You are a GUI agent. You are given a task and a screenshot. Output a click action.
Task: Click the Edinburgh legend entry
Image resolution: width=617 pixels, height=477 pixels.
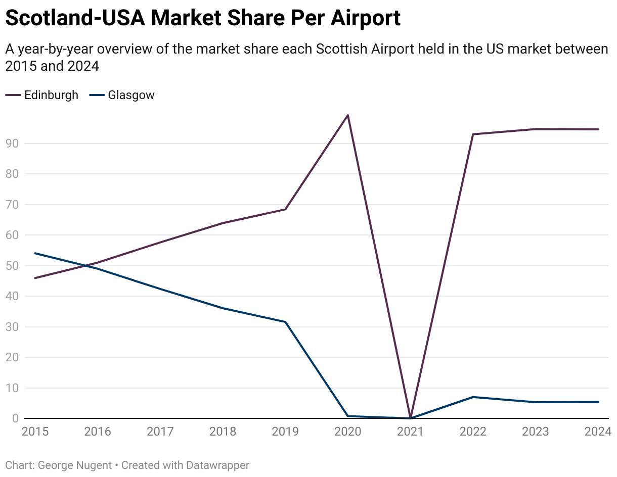[51, 95]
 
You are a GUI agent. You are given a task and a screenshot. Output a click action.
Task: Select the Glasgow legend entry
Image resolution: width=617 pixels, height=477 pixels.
[131, 95]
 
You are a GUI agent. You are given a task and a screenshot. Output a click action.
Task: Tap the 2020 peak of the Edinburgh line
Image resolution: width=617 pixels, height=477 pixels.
[348, 115]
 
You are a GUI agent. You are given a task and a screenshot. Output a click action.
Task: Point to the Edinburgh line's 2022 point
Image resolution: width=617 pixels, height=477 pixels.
[473, 134]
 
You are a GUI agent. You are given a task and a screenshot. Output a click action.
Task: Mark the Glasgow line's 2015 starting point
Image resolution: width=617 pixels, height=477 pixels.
[35, 253]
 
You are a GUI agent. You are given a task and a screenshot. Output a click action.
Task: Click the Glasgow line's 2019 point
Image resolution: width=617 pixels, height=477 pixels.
[285, 322]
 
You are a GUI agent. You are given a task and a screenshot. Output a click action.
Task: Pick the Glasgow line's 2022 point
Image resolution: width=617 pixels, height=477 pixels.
[473, 397]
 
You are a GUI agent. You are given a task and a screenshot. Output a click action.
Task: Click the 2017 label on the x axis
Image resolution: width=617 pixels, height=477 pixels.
[160, 432]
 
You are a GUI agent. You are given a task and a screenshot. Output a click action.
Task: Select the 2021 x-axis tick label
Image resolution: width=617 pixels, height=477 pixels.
[410, 432]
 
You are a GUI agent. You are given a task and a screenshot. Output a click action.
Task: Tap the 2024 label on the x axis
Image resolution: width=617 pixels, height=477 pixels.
[598, 432]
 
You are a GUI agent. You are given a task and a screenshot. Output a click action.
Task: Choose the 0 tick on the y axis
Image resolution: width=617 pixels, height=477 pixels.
[15, 418]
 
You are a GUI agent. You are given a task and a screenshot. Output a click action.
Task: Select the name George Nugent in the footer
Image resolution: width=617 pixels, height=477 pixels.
[75, 465]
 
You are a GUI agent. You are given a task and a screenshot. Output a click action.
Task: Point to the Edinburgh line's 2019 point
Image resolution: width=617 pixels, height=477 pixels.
[285, 209]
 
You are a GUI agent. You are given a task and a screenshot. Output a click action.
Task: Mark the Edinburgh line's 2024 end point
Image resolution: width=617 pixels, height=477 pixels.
[598, 129]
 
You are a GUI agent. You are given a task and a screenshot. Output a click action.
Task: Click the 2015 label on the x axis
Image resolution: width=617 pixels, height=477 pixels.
[35, 432]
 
